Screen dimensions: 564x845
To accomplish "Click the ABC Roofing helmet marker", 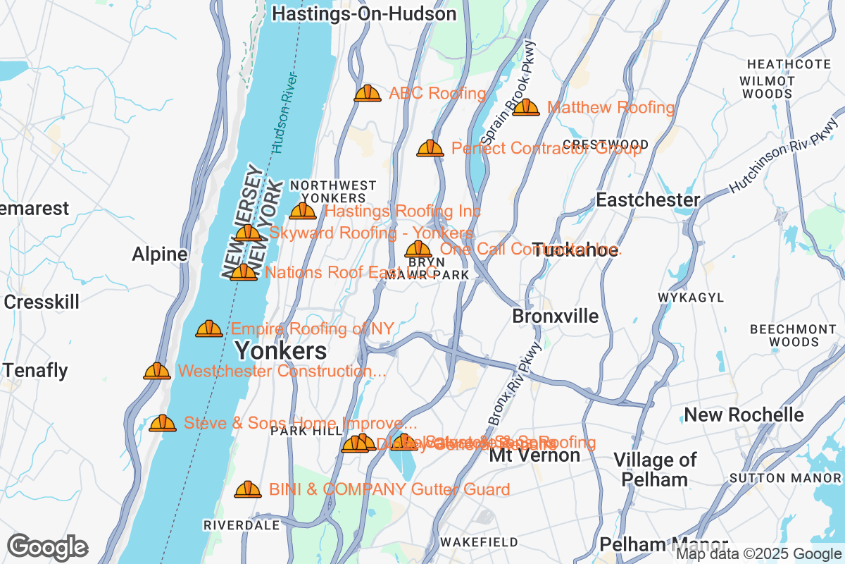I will click(x=367, y=93).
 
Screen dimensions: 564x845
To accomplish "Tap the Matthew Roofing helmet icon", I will click(x=525, y=108).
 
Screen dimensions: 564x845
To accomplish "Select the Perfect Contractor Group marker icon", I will click(x=430, y=148).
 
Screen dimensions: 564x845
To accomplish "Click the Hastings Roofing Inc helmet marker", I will click(x=303, y=211).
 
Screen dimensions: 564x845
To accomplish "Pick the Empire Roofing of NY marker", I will click(x=208, y=329).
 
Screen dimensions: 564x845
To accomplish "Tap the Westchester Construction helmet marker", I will click(x=156, y=371).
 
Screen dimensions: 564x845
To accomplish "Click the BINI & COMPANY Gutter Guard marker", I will click(x=247, y=489).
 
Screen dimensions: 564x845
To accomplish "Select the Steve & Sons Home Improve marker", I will click(x=162, y=423).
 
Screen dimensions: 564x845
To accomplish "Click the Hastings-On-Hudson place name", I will click(x=364, y=13).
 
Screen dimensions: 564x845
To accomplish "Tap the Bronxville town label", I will click(x=556, y=316).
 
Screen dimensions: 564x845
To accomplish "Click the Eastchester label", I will click(x=648, y=200).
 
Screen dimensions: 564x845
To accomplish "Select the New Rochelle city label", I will click(x=744, y=415).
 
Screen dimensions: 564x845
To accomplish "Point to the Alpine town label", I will click(x=160, y=255).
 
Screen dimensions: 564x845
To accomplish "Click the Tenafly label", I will click(x=36, y=370).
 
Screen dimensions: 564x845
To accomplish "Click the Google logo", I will click(x=47, y=547).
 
